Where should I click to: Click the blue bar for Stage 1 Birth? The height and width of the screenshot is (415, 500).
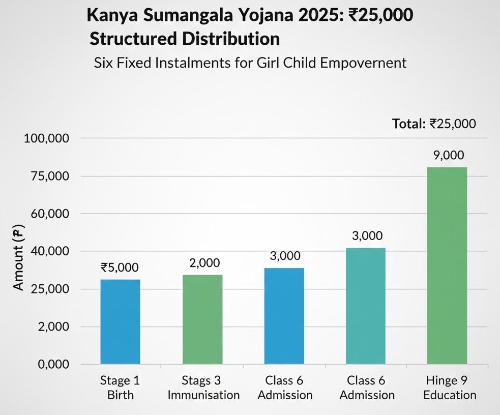point(121,321)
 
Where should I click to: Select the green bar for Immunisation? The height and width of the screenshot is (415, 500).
point(202,319)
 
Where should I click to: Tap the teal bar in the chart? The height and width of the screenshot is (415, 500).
point(365,306)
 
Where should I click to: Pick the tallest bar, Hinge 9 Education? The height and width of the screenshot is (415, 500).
point(447,265)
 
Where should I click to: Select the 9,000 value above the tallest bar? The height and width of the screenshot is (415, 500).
point(448,156)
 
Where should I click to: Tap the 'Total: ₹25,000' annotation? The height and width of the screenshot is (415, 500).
point(434,124)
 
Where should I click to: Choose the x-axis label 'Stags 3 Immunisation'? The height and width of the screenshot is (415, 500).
point(203,388)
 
